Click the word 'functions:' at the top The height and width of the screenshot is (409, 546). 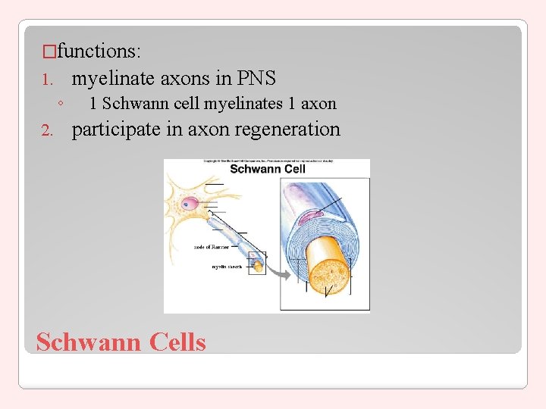[97, 52]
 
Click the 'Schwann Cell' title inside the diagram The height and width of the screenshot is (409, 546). [267, 169]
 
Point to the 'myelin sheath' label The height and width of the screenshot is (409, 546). [227, 267]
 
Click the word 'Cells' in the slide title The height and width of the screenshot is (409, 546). [177, 342]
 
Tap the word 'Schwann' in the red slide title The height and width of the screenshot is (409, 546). [89, 342]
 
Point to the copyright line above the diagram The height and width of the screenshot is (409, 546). [267, 161]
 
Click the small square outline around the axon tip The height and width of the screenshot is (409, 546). [258, 264]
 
